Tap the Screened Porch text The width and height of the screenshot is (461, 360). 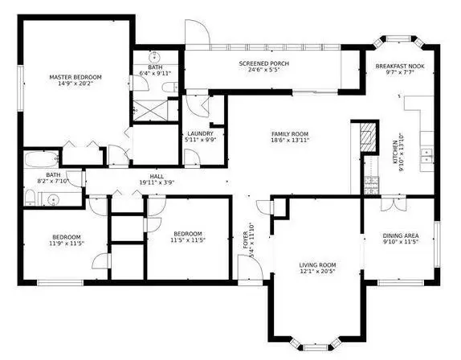click(263, 63)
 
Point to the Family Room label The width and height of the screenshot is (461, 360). click(288, 133)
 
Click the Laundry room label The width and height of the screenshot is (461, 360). click(198, 133)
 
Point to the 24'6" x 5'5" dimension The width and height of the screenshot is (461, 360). click(263, 71)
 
